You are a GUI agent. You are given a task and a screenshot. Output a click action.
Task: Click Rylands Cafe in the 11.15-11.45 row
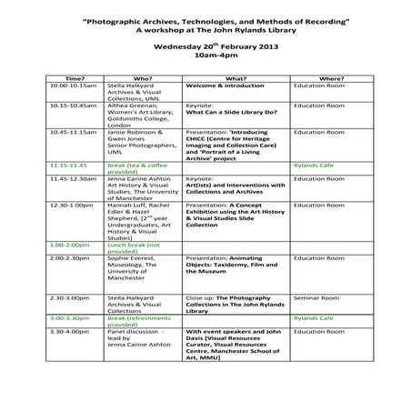pyautogui.click(x=315, y=165)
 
